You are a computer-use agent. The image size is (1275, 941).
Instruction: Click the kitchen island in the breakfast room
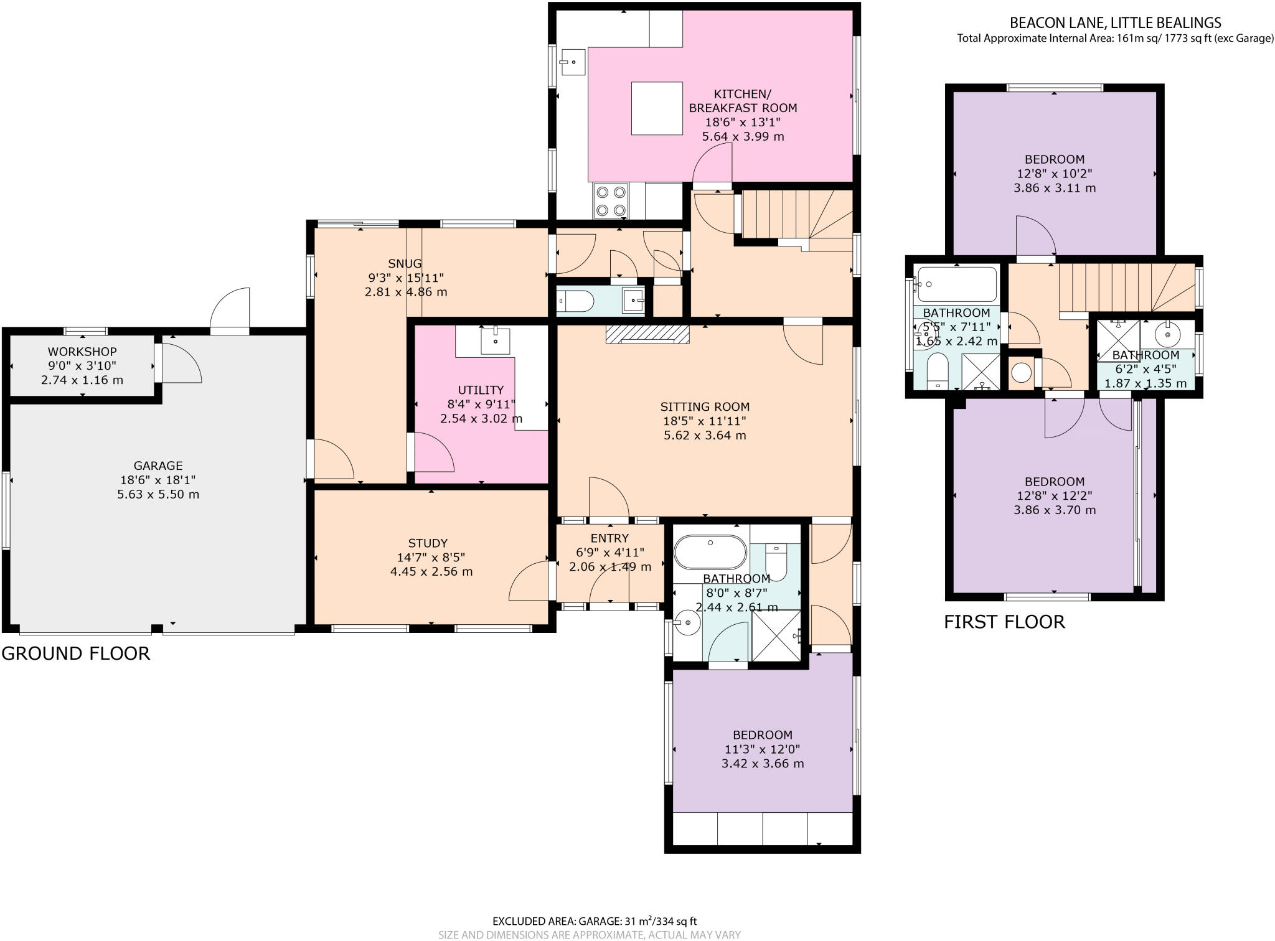point(657,108)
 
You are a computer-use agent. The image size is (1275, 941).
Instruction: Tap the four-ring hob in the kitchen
point(611,200)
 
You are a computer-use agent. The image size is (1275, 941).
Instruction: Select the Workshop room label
point(82,352)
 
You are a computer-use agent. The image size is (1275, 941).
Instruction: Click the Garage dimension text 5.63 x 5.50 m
point(158,495)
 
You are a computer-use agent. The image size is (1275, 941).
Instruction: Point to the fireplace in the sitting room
point(647,334)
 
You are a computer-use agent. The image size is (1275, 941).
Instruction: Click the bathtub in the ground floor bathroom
point(710,552)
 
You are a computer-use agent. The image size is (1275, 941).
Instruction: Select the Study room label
point(428,543)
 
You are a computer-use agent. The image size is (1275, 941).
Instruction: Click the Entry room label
point(609,538)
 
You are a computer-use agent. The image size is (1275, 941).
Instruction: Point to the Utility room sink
point(495,341)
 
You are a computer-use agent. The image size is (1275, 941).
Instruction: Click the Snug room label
point(405,264)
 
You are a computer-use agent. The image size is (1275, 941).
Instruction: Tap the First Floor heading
point(1004,622)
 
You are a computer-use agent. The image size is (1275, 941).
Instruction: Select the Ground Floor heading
point(76,653)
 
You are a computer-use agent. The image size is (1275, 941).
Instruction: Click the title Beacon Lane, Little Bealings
point(1115,23)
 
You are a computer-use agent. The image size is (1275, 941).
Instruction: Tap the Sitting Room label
point(705,407)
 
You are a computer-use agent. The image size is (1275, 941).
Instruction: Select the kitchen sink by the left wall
point(572,62)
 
